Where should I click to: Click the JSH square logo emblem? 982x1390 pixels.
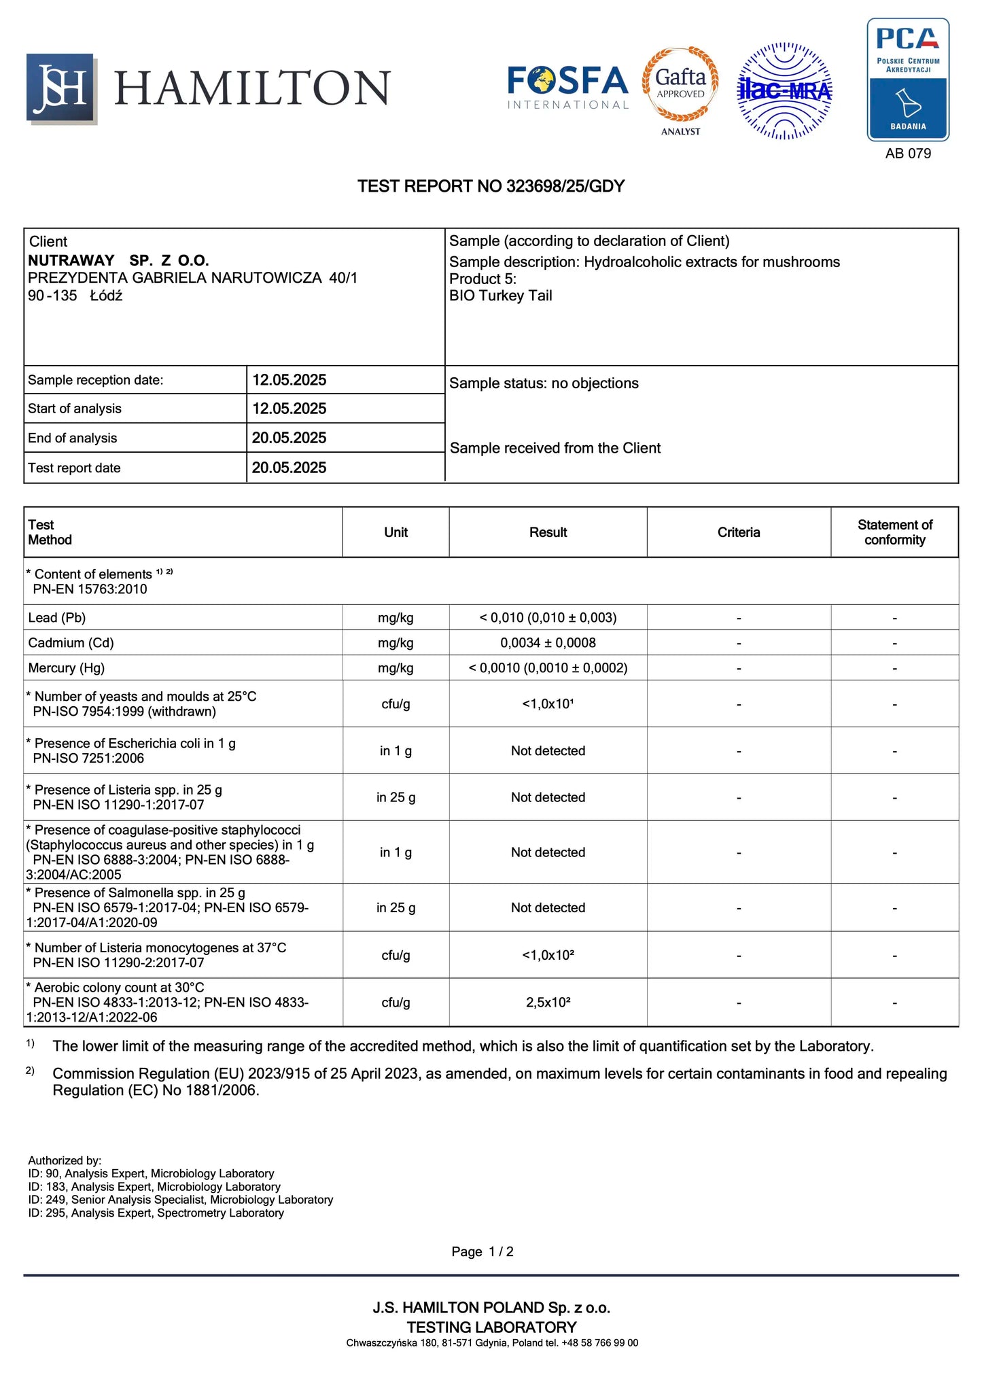click(61, 88)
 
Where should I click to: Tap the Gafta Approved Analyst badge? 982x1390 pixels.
click(680, 90)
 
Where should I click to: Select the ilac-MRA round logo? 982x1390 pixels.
click(785, 91)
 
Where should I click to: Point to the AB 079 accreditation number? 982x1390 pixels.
click(908, 154)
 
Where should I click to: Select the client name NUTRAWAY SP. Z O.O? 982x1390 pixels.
click(118, 260)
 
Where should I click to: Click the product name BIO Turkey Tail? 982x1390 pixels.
click(500, 296)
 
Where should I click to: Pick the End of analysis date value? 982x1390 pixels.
click(289, 438)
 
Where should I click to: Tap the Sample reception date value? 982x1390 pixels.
click(289, 380)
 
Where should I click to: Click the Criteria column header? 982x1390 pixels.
click(738, 532)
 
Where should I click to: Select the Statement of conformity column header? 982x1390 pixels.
click(894, 532)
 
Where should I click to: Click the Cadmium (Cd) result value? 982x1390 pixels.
click(548, 643)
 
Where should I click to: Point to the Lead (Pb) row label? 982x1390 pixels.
click(57, 618)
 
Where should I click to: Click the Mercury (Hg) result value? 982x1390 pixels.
click(548, 668)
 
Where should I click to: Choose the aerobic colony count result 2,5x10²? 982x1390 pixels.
click(548, 1003)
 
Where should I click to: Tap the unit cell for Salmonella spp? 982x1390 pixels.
click(396, 908)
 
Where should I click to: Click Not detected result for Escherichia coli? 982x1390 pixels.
click(548, 751)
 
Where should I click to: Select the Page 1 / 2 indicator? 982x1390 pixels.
click(483, 1252)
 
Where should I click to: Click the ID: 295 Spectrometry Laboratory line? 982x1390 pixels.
click(156, 1213)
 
